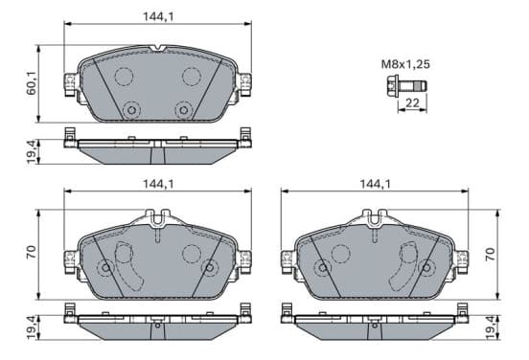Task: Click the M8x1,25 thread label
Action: [405, 64]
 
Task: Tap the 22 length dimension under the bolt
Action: [412, 102]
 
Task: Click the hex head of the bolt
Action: [391, 87]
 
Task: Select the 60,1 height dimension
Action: [32, 83]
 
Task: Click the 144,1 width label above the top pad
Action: [158, 17]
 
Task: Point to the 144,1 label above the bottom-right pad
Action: [375, 184]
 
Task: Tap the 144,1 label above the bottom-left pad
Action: [158, 184]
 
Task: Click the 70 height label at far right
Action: [491, 254]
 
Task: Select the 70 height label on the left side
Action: [32, 252]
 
